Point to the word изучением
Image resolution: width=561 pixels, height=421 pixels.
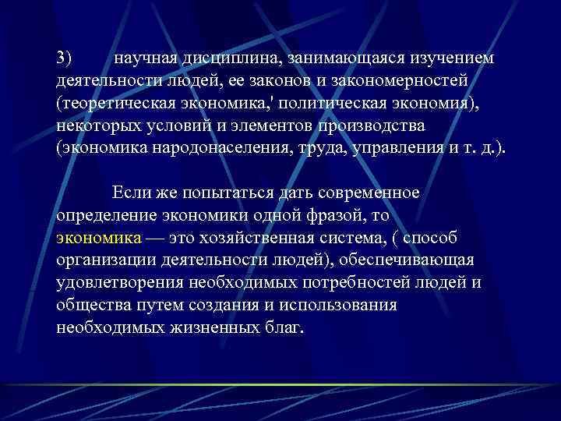pyautogui.click(x=453, y=59)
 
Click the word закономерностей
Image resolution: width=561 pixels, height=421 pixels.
pyautogui.click(x=400, y=81)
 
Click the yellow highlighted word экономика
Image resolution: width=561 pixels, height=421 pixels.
pyautogui.click(x=99, y=237)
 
